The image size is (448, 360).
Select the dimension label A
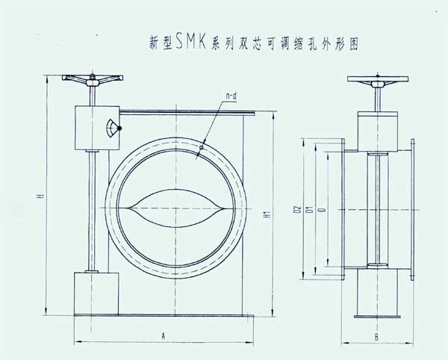click(x=162, y=338)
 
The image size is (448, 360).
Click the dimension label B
click(x=376, y=338)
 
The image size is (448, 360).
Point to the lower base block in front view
click(x=96, y=293)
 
